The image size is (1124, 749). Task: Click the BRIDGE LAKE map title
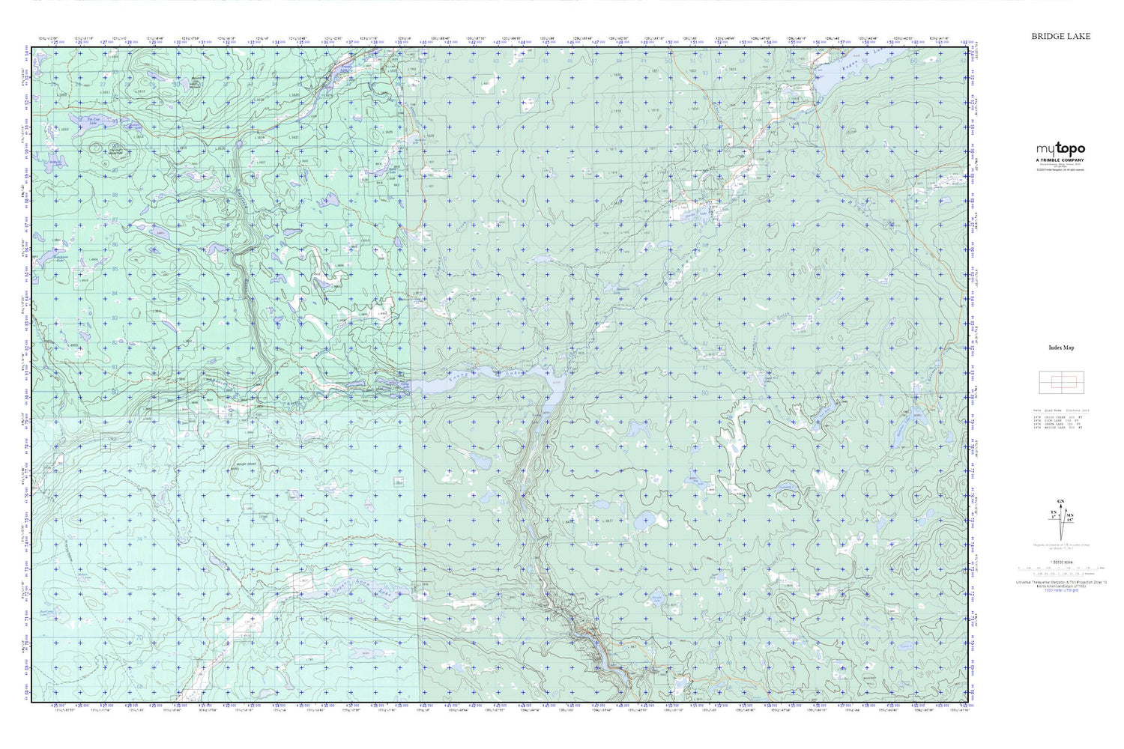coord(1060,36)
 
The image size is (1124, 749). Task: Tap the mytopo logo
coord(1060,150)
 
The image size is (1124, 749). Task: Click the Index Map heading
coord(1061,348)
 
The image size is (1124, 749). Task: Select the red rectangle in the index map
coord(1061,383)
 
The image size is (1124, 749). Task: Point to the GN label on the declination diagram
coord(1060,501)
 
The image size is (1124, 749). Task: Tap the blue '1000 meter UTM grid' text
coord(1060,590)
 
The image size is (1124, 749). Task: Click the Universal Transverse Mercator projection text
coord(1060,581)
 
